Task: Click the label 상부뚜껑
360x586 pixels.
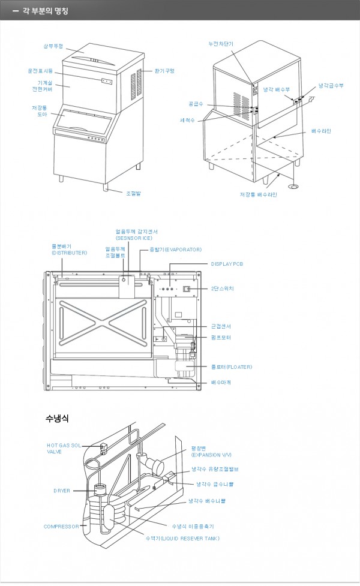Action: [53, 46]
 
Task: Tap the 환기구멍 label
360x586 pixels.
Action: [164, 71]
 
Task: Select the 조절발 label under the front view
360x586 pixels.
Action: [133, 193]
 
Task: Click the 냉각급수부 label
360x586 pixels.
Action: [331, 86]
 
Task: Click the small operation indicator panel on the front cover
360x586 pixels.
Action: [106, 80]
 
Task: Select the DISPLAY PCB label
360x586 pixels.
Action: [227, 263]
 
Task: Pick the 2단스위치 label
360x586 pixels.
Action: [222, 289]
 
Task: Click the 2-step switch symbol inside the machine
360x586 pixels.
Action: [187, 289]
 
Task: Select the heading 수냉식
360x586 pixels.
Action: [57, 417]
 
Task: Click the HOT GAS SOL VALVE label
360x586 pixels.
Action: [63, 449]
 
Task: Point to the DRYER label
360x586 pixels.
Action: [62, 491]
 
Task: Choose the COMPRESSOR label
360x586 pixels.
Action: [61, 527]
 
